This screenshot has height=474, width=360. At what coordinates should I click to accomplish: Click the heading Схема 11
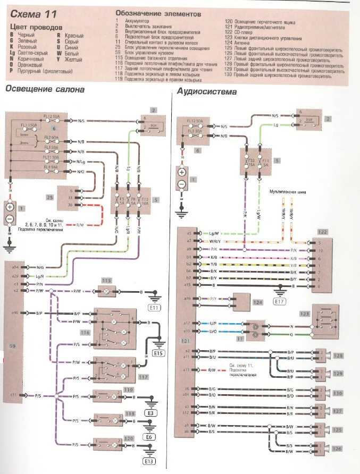(x=34, y=12)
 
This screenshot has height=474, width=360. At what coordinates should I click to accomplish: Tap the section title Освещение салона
(x=45, y=89)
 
